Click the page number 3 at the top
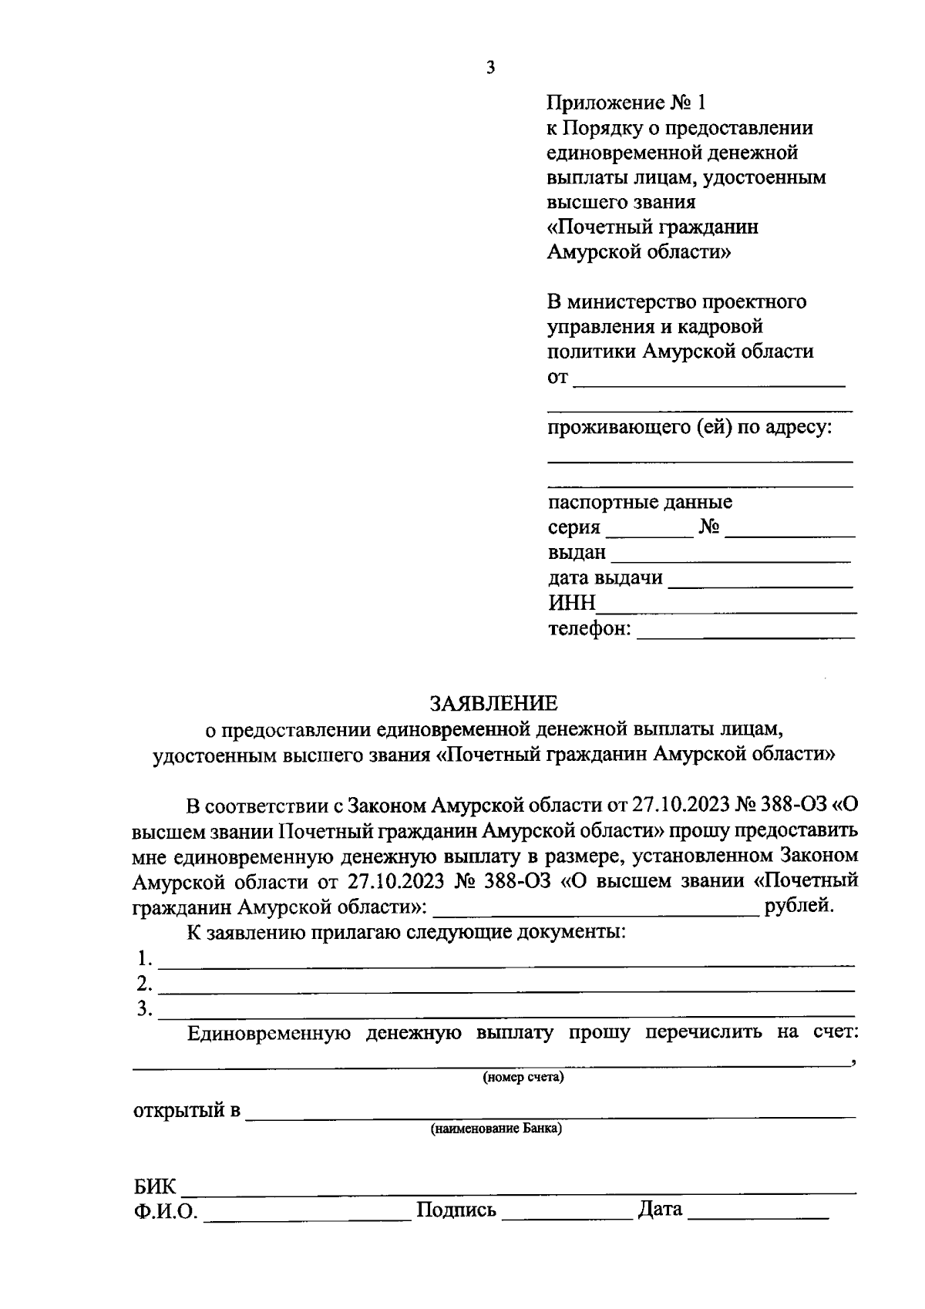tap(490, 68)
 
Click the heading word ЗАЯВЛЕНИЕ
tap(493, 703)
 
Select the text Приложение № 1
tap(626, 103)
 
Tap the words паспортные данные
tap(640, 503)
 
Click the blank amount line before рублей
tap(597, 912)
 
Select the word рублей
tap(799, 905)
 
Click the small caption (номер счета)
tap(523, 1077)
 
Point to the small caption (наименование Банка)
tap(496, 1129)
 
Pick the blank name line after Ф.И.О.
tap(308, 1217)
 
